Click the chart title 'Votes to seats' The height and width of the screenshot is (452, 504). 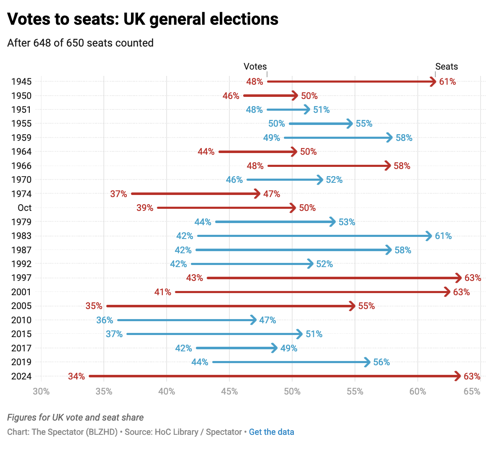tap(143, 19)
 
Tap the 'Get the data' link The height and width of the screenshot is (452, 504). tap(271, 432)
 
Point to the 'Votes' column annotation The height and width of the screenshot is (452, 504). tap(255, 66)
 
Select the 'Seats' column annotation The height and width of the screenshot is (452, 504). tap(446, 66)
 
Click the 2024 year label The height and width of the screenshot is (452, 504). tap(21, 376)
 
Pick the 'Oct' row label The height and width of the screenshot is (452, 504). tap(25, 208)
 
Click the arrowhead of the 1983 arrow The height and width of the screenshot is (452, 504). tap(429, 236)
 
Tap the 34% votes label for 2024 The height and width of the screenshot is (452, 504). tap(77, 376)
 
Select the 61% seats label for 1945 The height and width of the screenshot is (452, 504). tap(447, 82)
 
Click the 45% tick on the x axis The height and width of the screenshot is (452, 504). tap(229, 392)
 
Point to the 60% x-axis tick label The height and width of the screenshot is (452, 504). tap(417, 392)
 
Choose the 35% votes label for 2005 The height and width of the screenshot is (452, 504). tap(94, 306)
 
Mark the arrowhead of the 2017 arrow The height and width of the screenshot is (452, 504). tap(275, 348)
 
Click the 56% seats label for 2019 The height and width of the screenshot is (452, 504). tap(381, 362)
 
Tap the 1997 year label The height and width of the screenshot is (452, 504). tap(21, 278)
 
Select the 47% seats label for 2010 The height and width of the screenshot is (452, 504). tap(267, 320)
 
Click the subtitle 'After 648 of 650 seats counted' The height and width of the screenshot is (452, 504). tap(80, 43)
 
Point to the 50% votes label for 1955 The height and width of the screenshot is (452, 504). tap(276, 124)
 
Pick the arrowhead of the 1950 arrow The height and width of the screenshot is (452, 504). tap(295, 96)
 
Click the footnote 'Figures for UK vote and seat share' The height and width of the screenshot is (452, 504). tap(75, 418)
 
